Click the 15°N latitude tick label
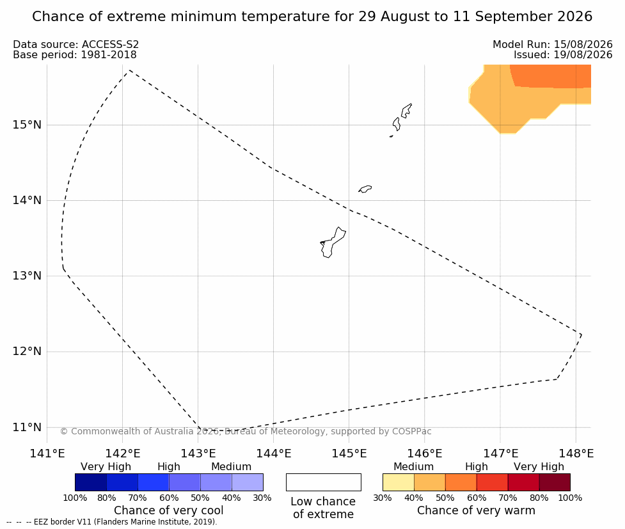(27, 125)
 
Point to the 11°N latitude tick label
(27, 427)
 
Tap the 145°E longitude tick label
(349, 454)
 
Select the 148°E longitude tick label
(576, 454)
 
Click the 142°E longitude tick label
(123, 454)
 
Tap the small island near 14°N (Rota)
(365, 189)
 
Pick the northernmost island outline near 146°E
(406, 110)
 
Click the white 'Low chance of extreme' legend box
(323, 482)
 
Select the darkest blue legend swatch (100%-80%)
(90, 482)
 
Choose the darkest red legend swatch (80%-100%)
(555, 482)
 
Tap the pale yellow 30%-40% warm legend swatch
(398, 482)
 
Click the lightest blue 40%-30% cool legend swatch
(248, 482)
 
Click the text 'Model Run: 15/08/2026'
(553, 44)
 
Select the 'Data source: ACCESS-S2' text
(75, 44)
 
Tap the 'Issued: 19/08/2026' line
(563, 54)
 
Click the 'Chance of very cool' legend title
(169, 510)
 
